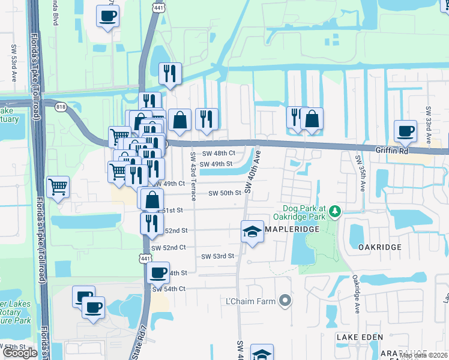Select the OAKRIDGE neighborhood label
tap(379, 247)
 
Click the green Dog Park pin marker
tap(335, 212)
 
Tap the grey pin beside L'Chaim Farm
tap(286, 300)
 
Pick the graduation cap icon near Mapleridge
tap(253, 232)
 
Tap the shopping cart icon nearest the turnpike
tap(58, 187)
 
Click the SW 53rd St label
tap(217, 256)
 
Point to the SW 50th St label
tap(224, 193)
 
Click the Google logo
tap(20, 352)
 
